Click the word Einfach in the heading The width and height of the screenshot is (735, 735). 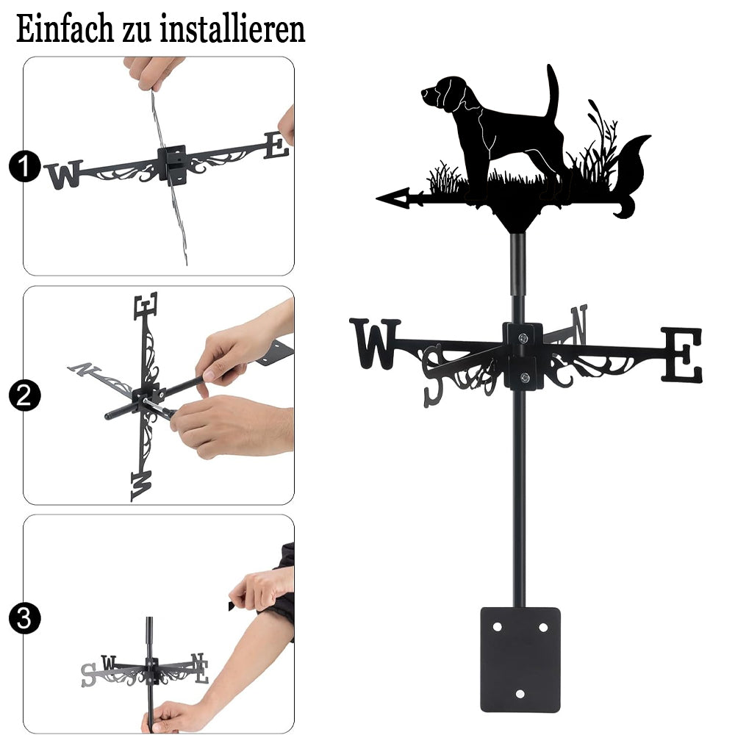(65, 29)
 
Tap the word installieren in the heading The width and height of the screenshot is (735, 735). (232, 29)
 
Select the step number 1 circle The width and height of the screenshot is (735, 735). (24, 166)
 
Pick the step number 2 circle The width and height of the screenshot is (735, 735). (24, 395)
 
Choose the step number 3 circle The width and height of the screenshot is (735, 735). (24, 618)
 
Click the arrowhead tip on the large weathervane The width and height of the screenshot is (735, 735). (376, 198)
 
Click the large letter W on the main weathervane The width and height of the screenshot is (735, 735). (375, 343)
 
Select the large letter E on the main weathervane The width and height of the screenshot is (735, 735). (681, 354)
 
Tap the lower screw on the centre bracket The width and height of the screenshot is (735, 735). (525, 377)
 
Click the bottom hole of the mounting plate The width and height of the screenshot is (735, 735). (520, 694)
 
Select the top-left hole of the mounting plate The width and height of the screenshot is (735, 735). (498, 627)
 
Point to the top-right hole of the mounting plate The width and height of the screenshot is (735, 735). (543, 627)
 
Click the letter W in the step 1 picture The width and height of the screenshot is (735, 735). (64, 174)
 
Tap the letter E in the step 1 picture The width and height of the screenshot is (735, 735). (276, 146)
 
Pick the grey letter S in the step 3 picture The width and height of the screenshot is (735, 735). (89, 675)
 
